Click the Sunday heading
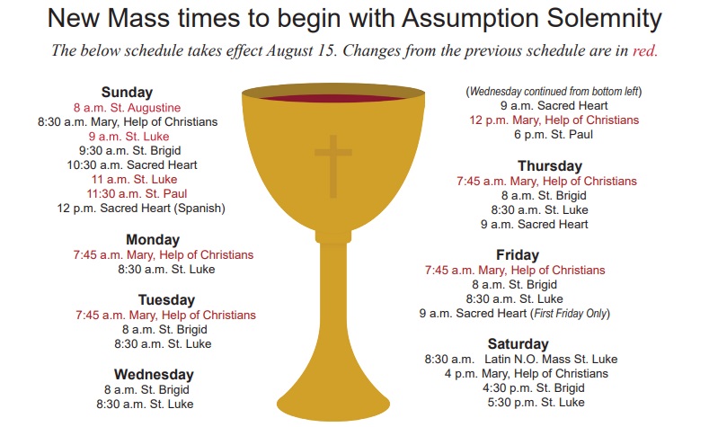[127, 93]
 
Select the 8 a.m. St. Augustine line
[127, 108]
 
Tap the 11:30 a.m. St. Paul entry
[137, 193]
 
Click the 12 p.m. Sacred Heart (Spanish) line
[141, 208]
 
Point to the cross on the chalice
[333, 166]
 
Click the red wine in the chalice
[333, 98]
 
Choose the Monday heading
[153, 240]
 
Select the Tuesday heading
[166, 300]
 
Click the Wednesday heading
[154, 375]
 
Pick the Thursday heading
[550, 166]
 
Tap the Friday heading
[518, 255]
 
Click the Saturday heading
[518, 343]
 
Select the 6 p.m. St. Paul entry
[554, 134]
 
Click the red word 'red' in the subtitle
[645, 50]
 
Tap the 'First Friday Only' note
[571, 313]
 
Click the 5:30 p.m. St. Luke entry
[536, 402]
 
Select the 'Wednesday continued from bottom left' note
[554, 92]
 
